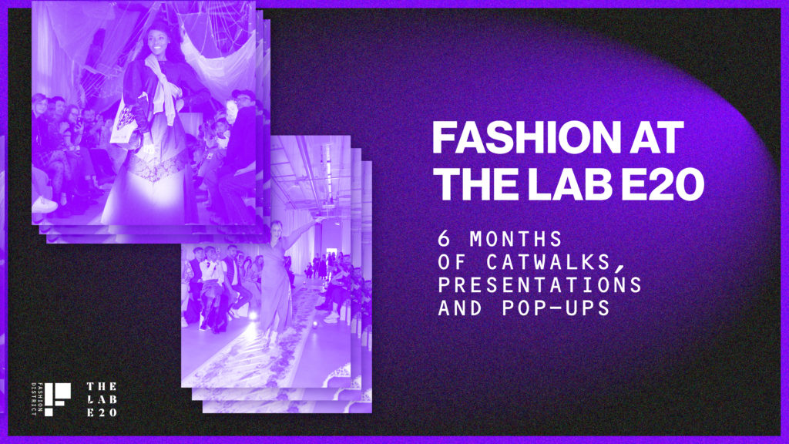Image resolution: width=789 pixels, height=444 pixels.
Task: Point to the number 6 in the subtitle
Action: [x=443, y=239]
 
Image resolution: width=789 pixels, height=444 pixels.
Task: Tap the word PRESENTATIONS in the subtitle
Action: [x=539, y=285]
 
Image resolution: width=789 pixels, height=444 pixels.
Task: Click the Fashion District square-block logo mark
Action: [x=57, y=399]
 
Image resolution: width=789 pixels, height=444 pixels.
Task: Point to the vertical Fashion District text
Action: [x=34, y=399]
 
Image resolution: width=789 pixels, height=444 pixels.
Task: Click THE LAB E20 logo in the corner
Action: [x=102, y=399]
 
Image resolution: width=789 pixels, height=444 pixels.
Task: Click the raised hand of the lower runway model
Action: [x=318, y=219]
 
